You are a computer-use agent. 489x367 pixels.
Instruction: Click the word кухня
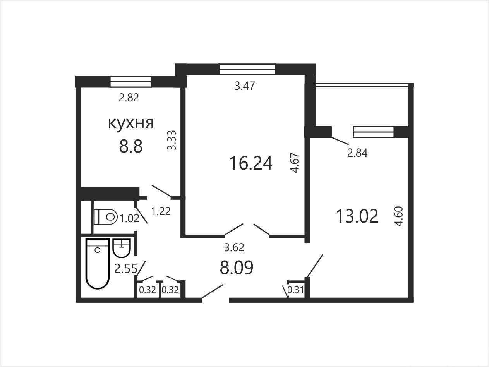[131, 123]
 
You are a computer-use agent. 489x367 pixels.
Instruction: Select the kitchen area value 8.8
[131, 147]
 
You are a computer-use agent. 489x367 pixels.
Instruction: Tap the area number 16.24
[251, 163]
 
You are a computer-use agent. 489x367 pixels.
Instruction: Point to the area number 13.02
[357, 216]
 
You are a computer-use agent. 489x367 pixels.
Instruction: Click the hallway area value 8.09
[236, 268]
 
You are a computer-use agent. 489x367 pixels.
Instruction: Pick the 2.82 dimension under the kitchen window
[129, 98]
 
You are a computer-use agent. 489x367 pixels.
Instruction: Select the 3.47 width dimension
[245, 86]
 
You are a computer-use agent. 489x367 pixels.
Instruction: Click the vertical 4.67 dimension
[295, 163]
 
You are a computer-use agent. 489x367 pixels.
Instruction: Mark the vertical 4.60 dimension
[399, 216]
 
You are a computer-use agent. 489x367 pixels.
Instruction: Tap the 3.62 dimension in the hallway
[234, 247]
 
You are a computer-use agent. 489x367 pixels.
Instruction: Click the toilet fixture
[105, 217]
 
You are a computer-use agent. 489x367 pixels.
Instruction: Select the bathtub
[98, 264]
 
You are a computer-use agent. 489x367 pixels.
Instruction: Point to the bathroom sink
[122, 248]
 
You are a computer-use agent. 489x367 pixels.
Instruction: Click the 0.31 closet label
[296, 290]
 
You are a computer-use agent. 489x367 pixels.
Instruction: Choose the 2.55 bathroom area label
[125, 269]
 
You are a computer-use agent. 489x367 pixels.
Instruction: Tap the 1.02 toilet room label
[130, 218]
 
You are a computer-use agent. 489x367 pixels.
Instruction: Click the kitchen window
[130, 82]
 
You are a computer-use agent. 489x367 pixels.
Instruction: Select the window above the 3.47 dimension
[247, 69]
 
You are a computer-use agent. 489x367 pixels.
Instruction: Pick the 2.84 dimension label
[357, 153]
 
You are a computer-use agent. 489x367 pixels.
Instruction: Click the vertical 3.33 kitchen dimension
[172, 140]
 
